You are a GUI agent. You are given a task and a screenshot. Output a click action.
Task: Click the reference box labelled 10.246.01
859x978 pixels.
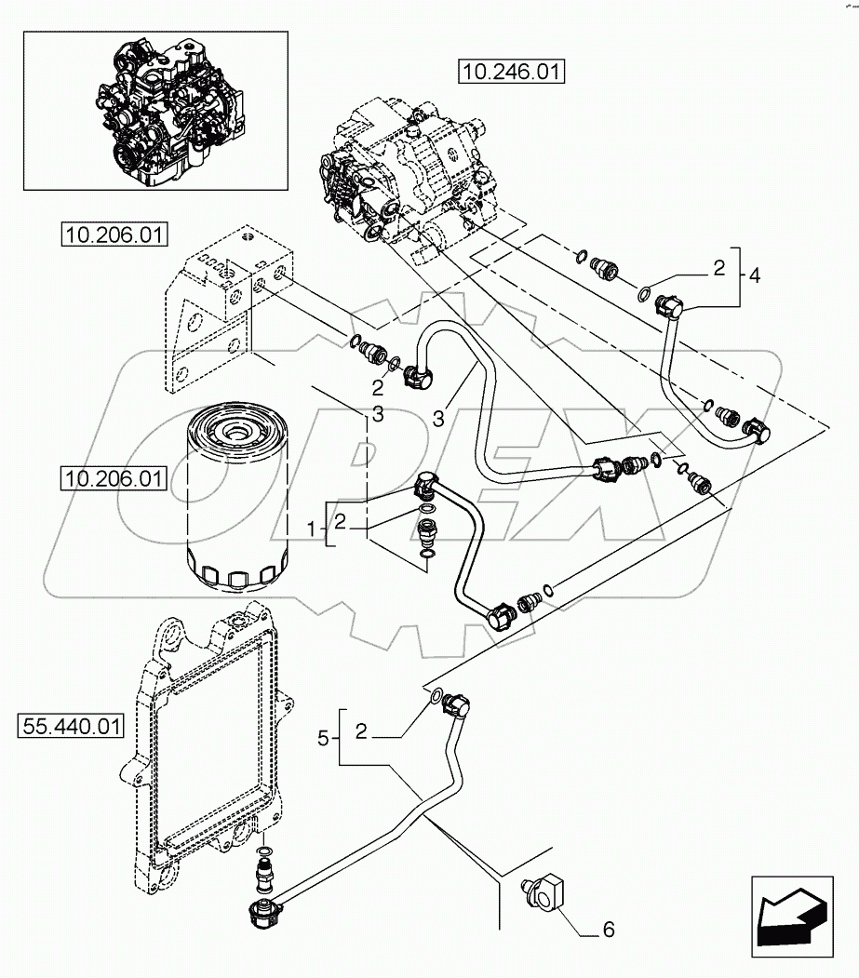[512, 71]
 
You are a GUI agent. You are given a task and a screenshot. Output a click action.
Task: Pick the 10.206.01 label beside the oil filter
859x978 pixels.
[112, 479]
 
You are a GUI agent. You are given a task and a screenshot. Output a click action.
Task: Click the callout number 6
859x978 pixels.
[610, 929]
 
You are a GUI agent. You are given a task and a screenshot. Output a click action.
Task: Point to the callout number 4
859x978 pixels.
[755, 275]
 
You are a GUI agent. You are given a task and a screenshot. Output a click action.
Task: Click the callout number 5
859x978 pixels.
[323, 739]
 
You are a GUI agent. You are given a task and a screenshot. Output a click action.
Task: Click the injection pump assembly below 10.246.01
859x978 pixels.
[400, 177]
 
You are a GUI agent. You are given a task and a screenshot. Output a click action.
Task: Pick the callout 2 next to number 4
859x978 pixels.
[718, 269]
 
